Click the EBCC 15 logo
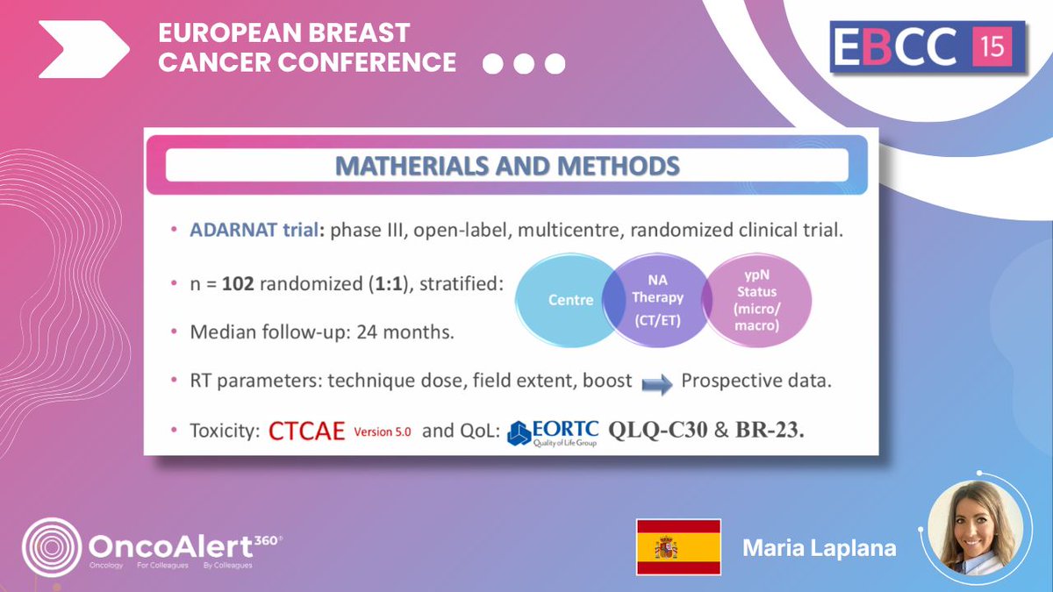pyautogui.click(x=928, y=46)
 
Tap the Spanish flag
pyautogui.click(x=678, y=547)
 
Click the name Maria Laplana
pyautogui.click(x=819, y=548)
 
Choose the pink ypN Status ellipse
pyautogui.click(x=761, y=300)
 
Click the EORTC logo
pyautogui.click(x=554, y=432)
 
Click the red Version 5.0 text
pyautogui.click(x=382, y=432)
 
